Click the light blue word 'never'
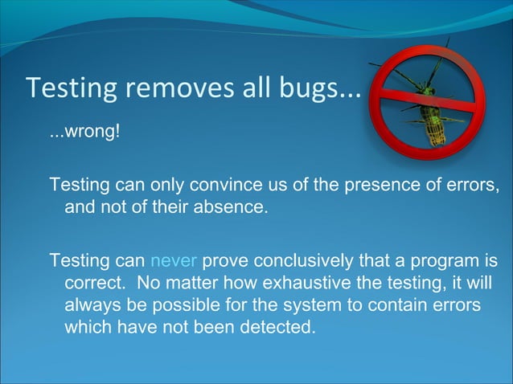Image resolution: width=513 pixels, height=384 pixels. point(174,261)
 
